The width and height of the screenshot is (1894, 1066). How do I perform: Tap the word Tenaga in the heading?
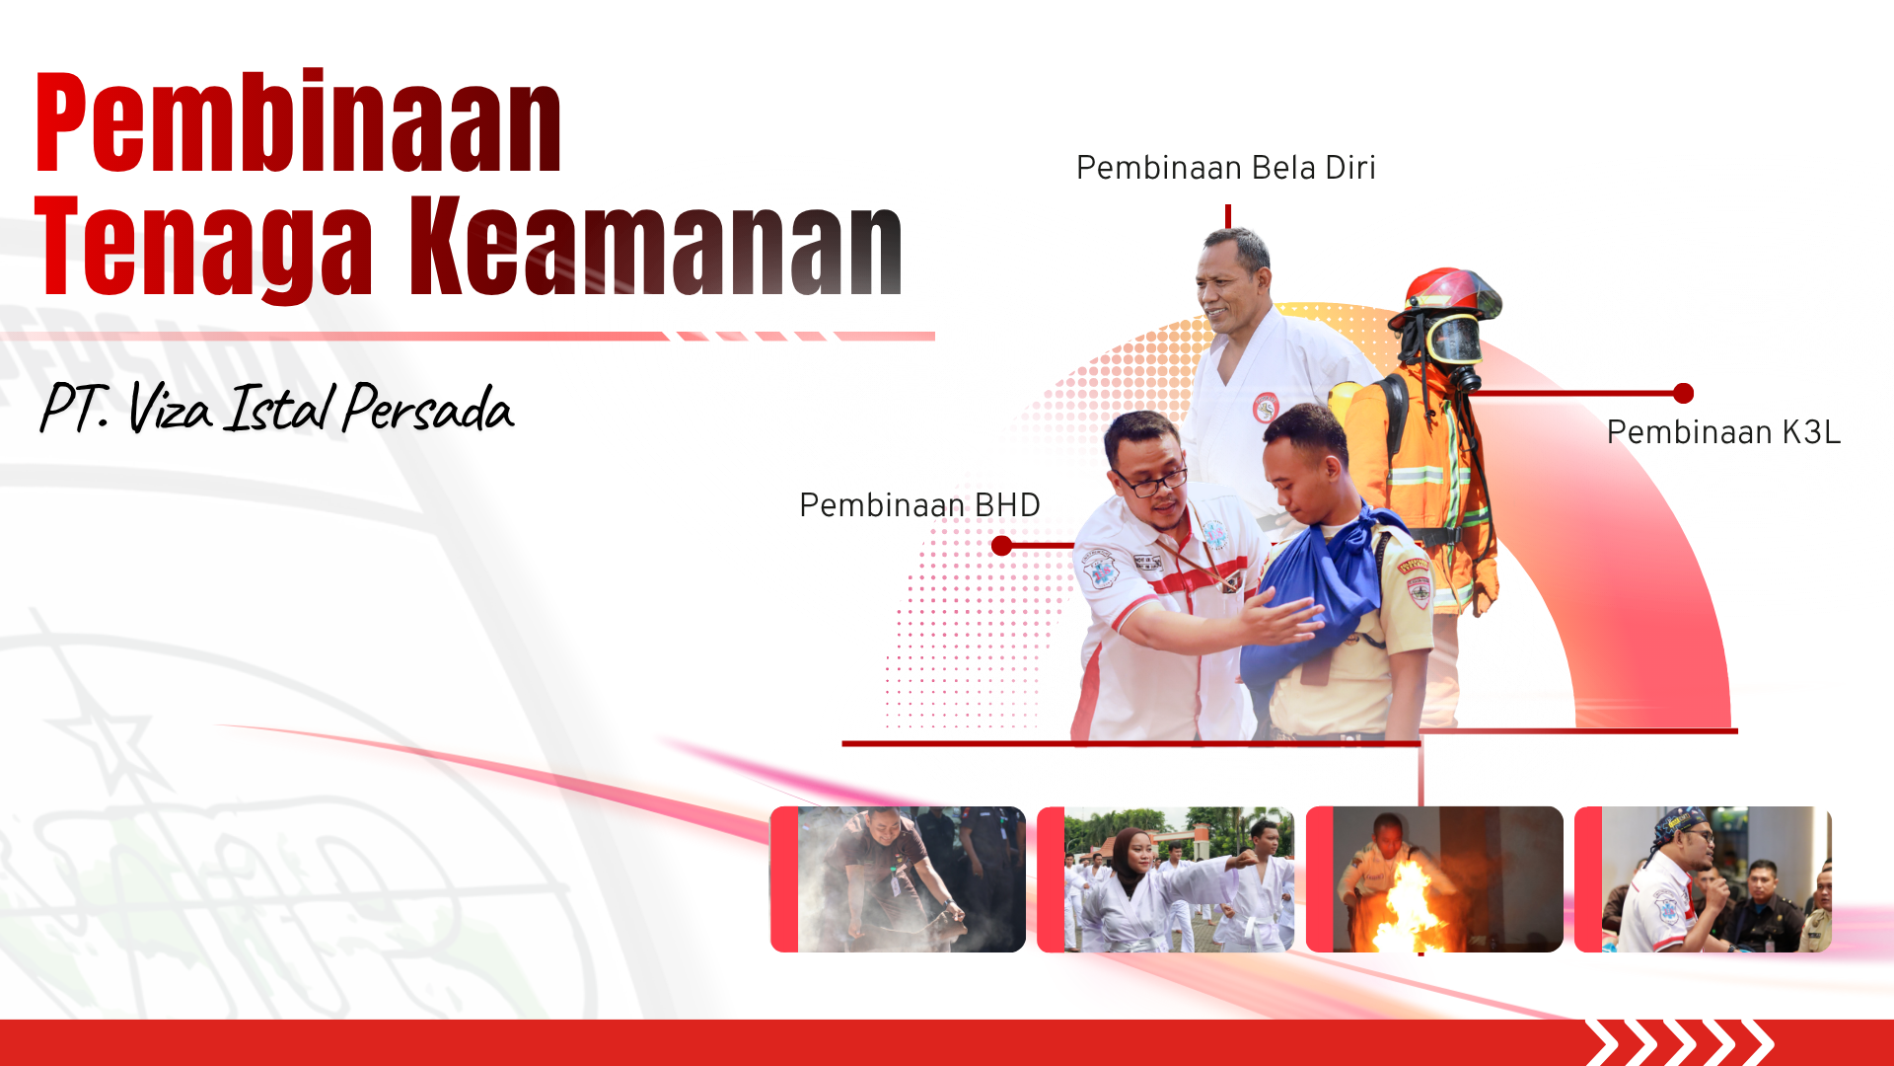tap(204, 246)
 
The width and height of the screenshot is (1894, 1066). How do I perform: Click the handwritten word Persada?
tap(428, 408)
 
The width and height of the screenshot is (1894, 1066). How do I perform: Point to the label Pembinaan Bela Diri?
tap(1226, 168)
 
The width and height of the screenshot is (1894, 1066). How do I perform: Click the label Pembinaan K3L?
tap(1723, 432)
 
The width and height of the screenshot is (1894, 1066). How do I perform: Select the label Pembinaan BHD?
tap(919, 505)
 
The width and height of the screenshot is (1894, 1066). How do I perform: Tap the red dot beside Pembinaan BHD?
tap(1001, 546)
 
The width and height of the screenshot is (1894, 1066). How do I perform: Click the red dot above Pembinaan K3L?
tap(1684, 394)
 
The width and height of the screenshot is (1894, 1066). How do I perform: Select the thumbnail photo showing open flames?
tap(1434, 879)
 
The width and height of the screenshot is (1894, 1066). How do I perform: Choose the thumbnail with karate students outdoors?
tap(1166, 879)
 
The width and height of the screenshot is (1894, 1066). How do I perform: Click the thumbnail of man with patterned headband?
tap(1703, 879)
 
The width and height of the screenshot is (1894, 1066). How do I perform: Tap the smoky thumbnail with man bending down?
tap(898, 879)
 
